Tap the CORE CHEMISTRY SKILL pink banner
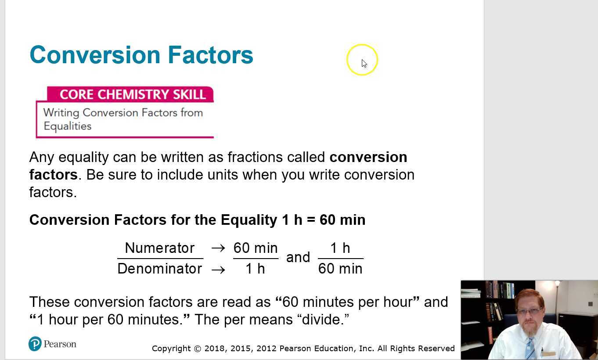point(132,94)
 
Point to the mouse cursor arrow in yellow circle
point(364,63)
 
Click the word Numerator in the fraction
point(159,248)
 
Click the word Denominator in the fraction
point(159,269)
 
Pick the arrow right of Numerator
point(218,248)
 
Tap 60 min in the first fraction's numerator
point(256,248)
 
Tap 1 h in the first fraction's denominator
point(255,269)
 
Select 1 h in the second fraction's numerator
point(340,248)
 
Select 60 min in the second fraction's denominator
point(340,269)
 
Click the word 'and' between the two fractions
point(298,257)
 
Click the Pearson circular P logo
point(35,344)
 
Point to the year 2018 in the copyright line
point(215,349)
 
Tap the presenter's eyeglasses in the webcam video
point(530,311)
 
